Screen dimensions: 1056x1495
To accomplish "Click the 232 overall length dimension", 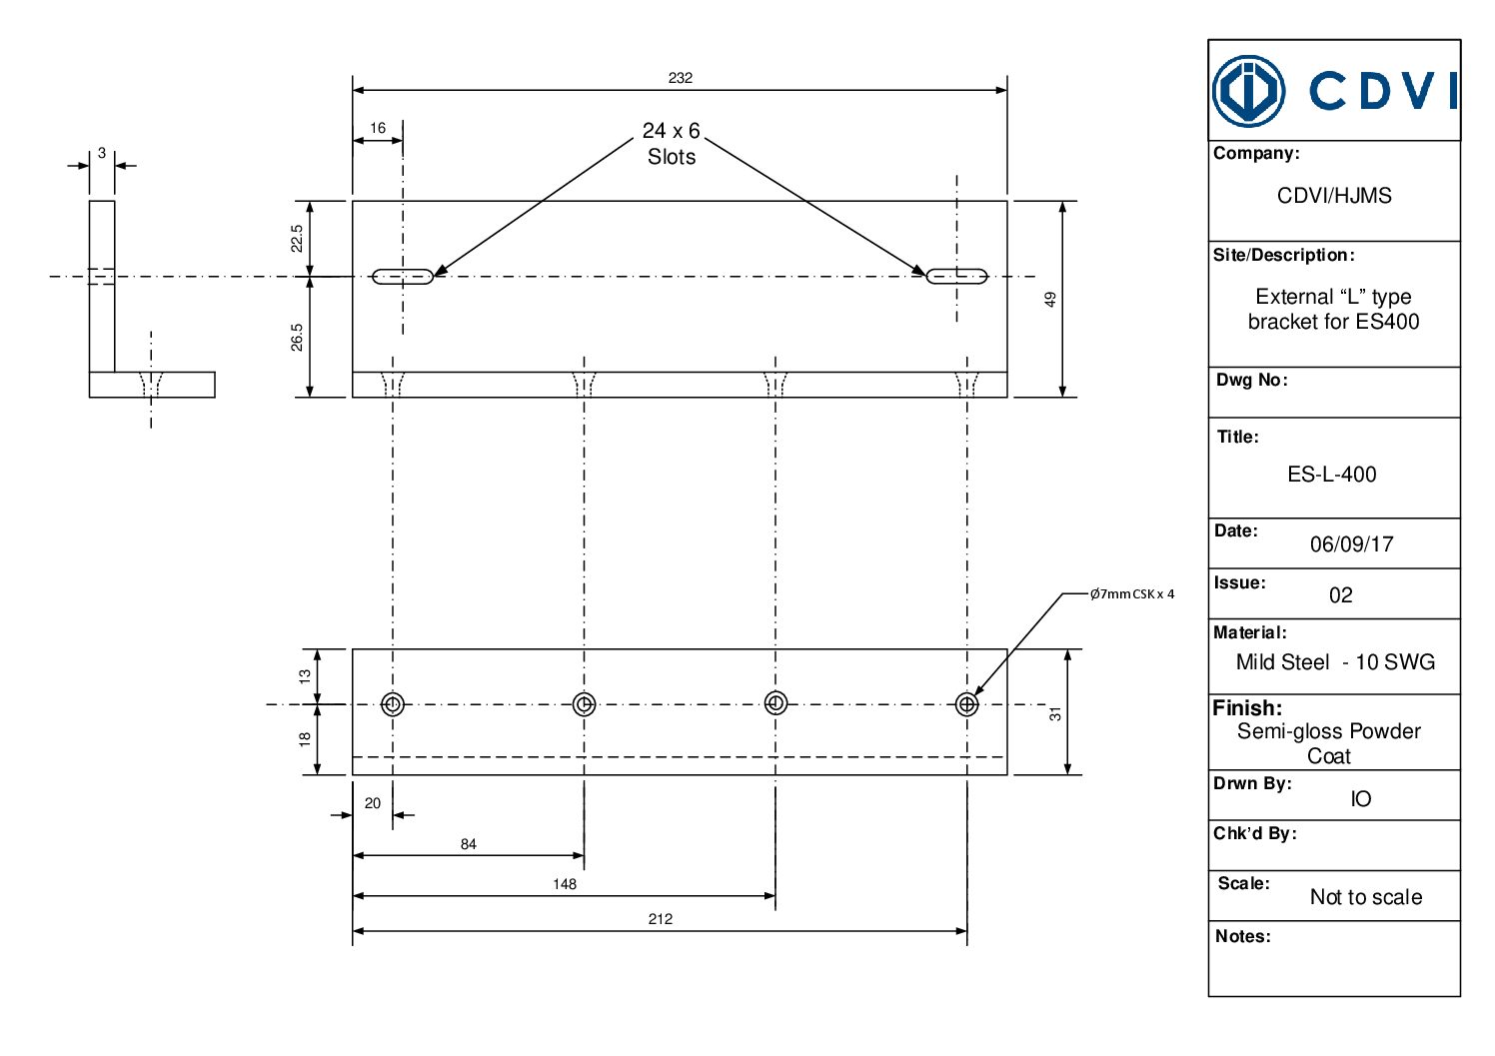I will [680, 78].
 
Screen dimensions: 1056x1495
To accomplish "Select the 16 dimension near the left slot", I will [378, 128].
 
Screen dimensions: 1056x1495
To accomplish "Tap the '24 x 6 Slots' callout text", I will [671, 144].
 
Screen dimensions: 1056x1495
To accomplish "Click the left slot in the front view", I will [403, 276].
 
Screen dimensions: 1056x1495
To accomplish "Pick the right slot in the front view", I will [956, 276].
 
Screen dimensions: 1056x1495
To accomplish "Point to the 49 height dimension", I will [1050, 299].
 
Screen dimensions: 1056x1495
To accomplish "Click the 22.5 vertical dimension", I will [297, 238].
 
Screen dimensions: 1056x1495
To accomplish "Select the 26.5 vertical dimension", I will [297, 337].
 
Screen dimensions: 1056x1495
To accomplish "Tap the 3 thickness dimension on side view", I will [101, 153].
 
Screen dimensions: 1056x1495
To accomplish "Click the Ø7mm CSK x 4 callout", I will [1131, 593].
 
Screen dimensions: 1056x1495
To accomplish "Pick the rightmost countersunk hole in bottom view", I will [966, 704].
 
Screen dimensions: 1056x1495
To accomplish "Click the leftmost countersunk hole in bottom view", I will [393, 704].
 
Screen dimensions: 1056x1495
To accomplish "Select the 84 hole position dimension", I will [468, 844].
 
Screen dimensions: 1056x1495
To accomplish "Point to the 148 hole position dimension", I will [565, 884].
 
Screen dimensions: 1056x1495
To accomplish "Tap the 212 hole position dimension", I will [660, 919].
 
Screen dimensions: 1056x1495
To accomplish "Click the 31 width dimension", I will [1055, 713].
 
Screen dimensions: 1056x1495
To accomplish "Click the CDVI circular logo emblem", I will [1248, 91].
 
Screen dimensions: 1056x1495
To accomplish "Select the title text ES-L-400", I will [1331, 475].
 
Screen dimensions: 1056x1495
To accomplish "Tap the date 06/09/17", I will [1351, 544].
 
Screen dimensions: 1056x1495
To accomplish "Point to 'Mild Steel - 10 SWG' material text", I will [1335, 662].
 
